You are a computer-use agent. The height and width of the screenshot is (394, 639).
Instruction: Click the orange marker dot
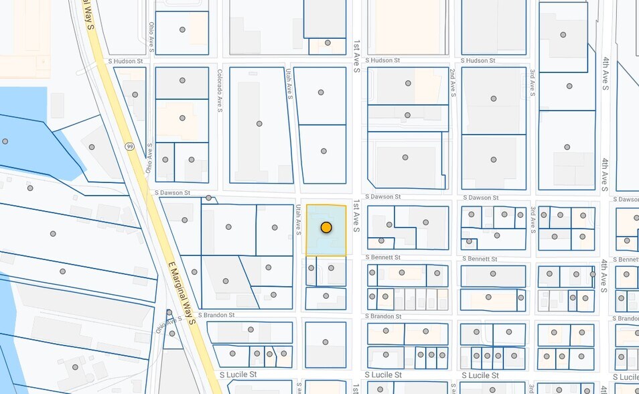tap(326, 228)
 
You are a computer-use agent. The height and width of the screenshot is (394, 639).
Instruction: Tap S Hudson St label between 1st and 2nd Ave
tap(382, 60)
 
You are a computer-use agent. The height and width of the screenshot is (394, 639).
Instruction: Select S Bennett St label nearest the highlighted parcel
tap(382, 257)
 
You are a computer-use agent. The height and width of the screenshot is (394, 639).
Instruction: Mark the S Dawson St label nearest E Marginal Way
tap(172, 193)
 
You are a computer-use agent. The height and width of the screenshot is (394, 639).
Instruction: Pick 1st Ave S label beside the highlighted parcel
tap(357, 216)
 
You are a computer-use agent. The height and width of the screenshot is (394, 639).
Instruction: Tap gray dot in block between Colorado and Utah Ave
tap(259, 124)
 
